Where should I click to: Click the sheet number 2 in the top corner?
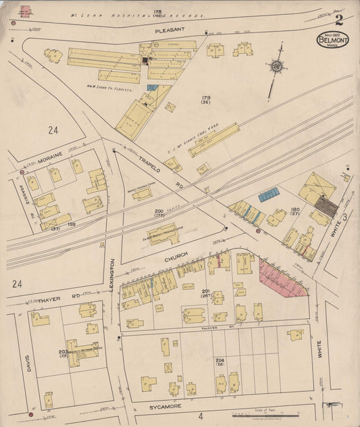(x=338, y=20)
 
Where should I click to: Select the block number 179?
(x=205, y=99)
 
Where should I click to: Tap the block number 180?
(x=294, y=210)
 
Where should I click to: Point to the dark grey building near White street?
(x=327, y=205)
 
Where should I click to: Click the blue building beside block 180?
(x=269, y=195)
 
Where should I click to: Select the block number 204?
(x=220, y=360)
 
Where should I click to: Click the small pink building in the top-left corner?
(x=25, y=11)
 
